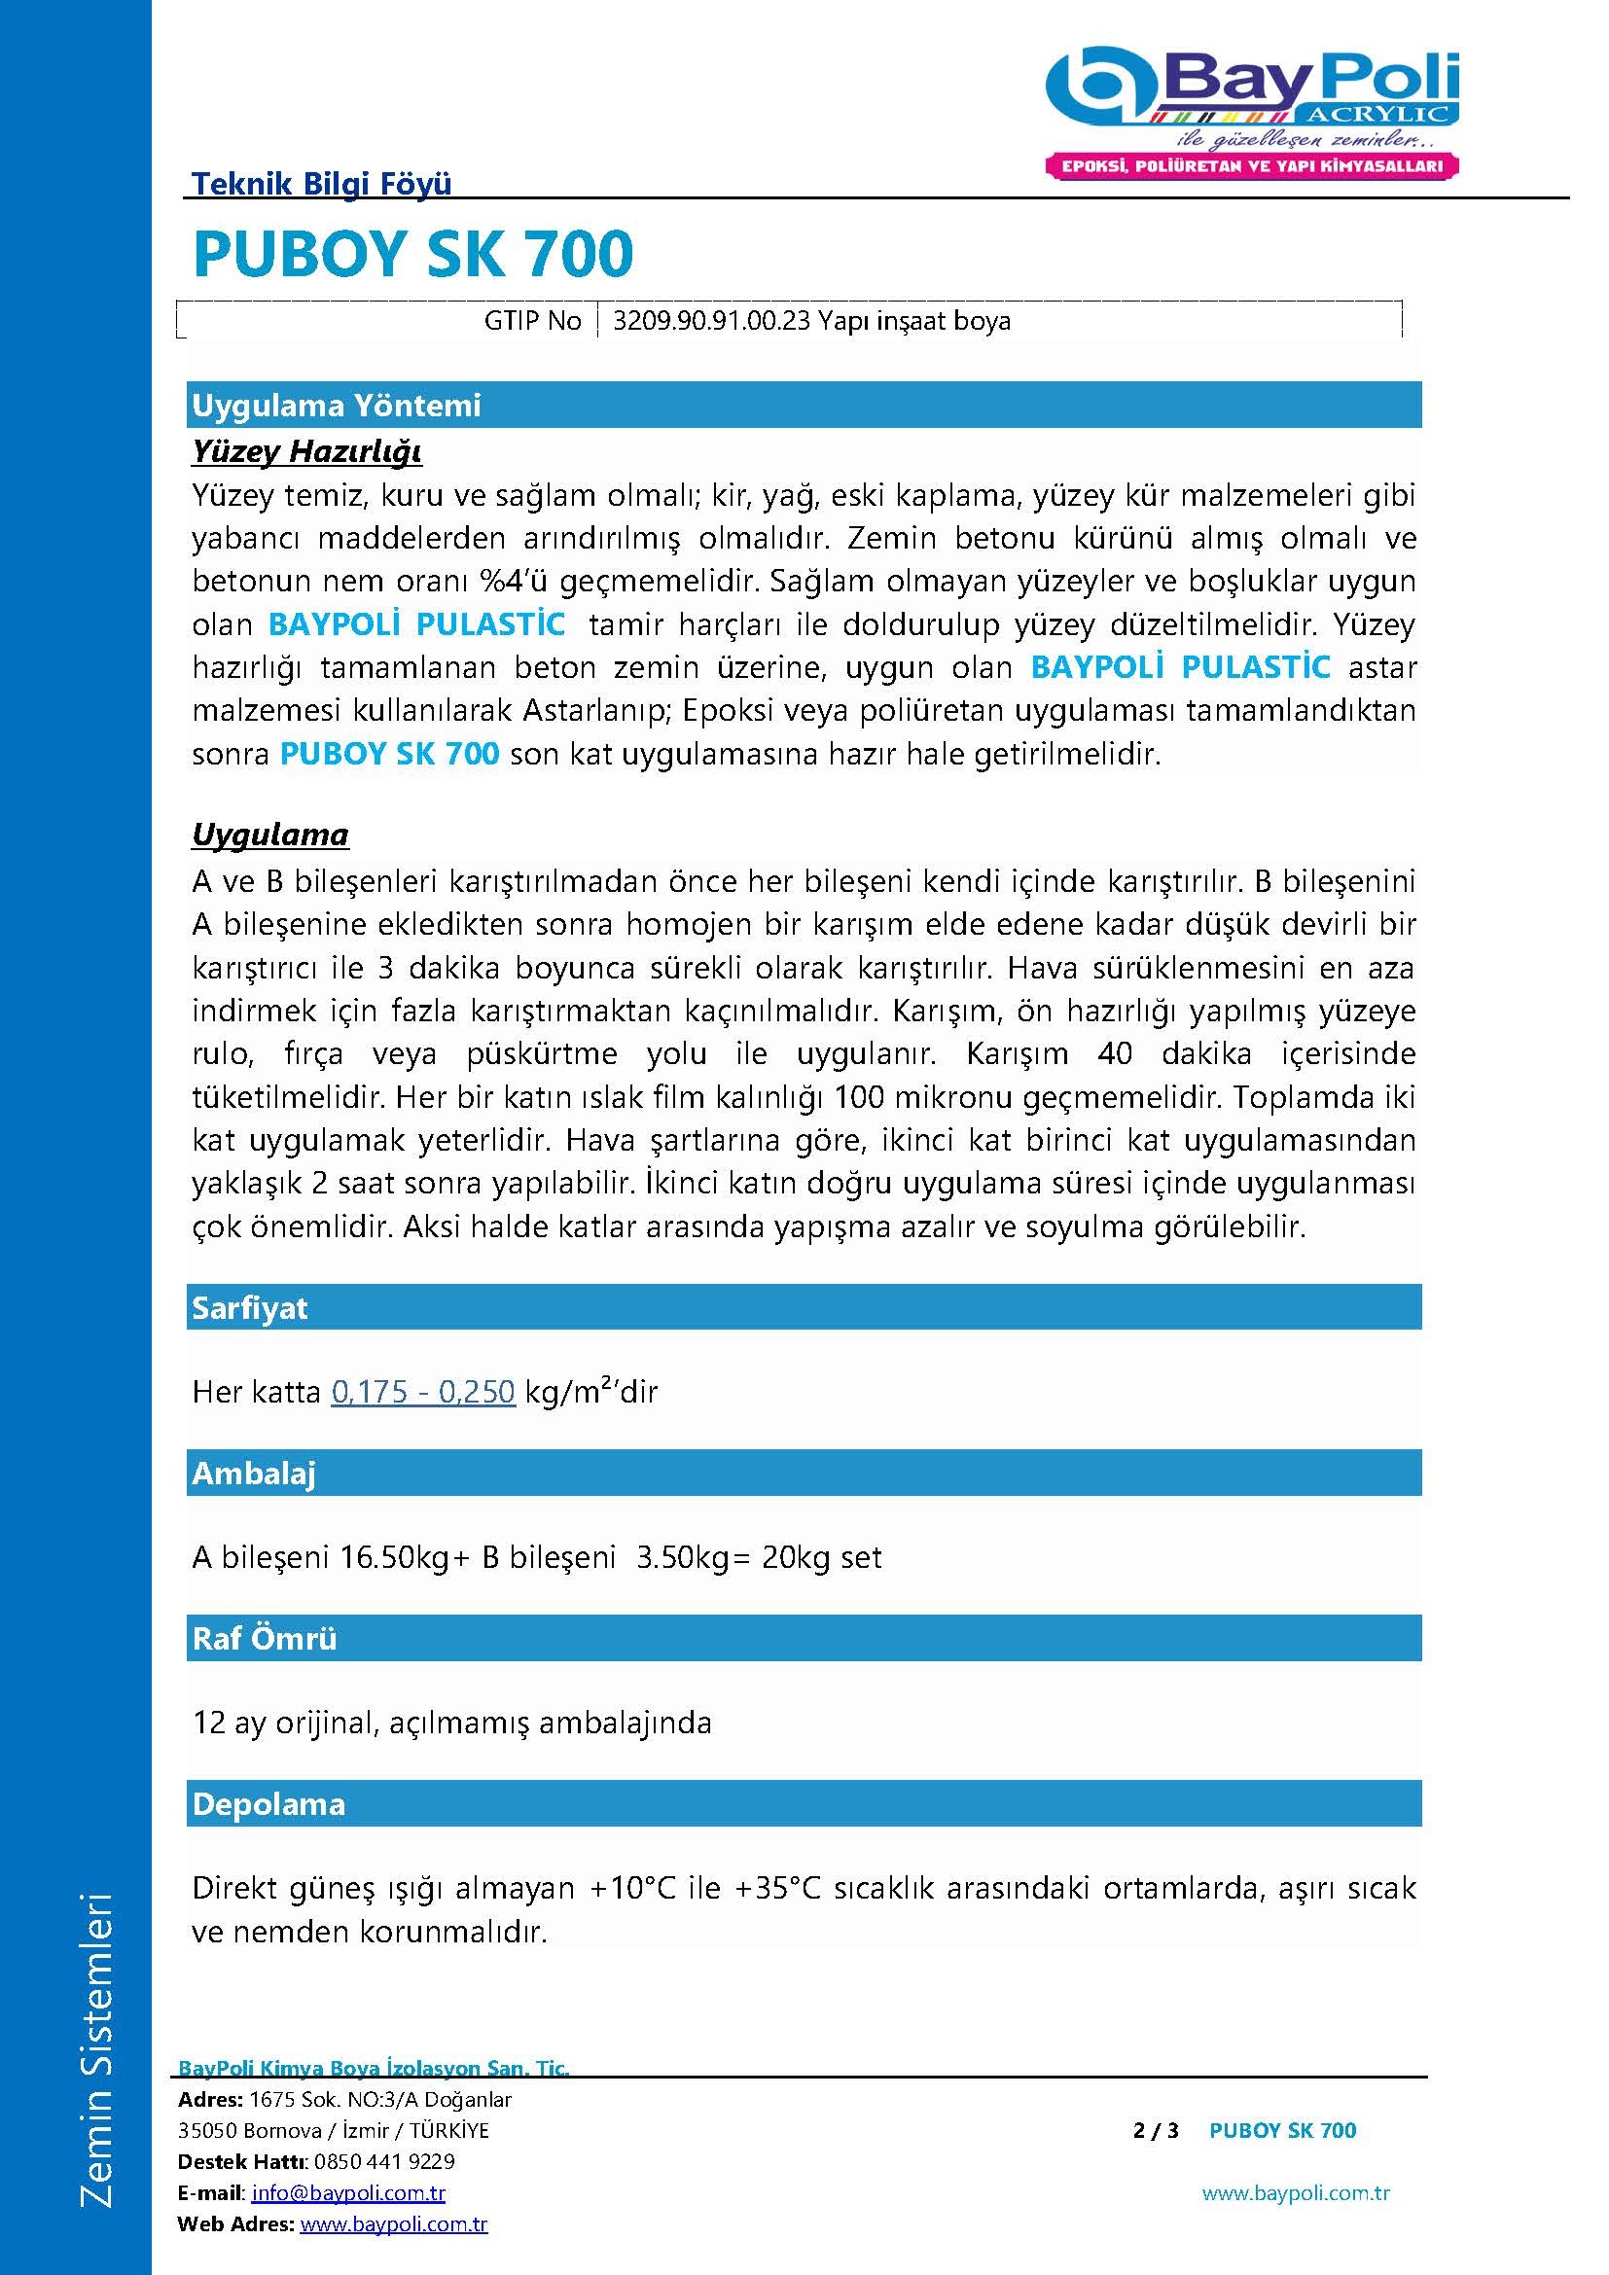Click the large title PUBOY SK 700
pyautogui.click(x=413, y=254)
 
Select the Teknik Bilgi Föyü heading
pyautogui.click(x=321, y=183)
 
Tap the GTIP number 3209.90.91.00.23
pyautogui.click(x=711, y=321)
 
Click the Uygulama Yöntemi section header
pyautogui.click(x=336, y=406)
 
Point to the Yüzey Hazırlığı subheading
pyautogui.click(x=307, y=452)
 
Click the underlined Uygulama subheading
pyautogui.click(x=270, y=835)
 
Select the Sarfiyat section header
pyautogui.click(x=250, y=1308)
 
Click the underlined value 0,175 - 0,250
pyautogui.click(x=423, y=1392)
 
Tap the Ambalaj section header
pyautogui.click(x=254, y=1474)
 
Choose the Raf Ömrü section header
pyautogui.click(x=265, y=1638)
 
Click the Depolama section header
pyautogui.click(x=268, y=1803)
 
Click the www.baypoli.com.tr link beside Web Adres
pyautogui.click(x=393, y=2224)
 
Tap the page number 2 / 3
pyautogui.click(x=1156, y=2130)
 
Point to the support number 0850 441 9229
pyautogui.click(x=384, y=2161)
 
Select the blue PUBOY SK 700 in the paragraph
pyautogui.click(x=389, y=754)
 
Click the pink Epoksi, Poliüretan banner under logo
pyautogui.click(x=1252, y=166)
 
